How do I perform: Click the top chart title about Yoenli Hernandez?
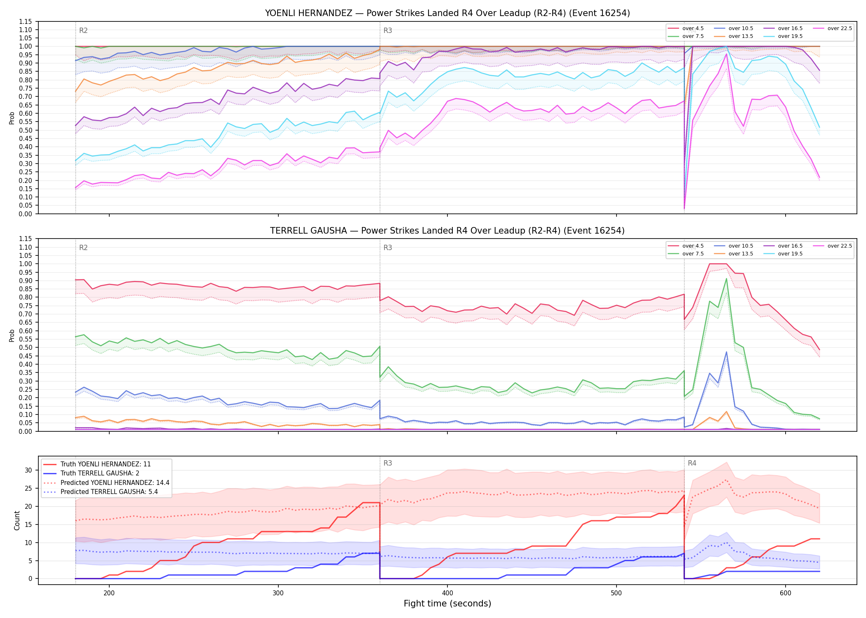pyautogui.click(x=447, y=13)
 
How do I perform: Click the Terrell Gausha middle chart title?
pyautogui.click(x=447, y=231)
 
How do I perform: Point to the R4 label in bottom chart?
pyautogui.click(x=692, y=463)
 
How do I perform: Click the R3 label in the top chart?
pyautogui.click(x=388, y=30)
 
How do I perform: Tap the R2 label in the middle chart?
pyautogui.click(x=83, y=248)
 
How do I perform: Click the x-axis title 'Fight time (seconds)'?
pyautogui.click(x=447, y=604)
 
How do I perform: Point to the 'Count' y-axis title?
pyautogui.click(x=17, y=520)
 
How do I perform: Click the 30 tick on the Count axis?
pyautogui.click(x=28, y=470)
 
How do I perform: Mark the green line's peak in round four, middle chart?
pyautogui.click(x=726, y=279)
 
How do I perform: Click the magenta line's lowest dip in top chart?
pyautogui.click(x=684, y=208)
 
